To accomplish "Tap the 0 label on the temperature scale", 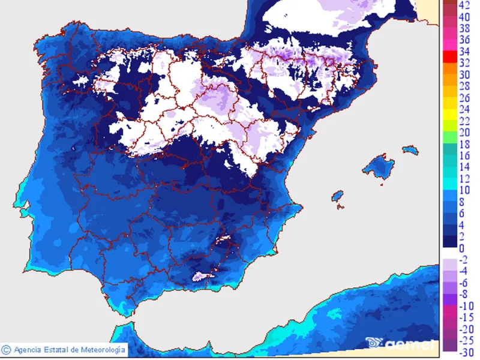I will [x=461, y=248].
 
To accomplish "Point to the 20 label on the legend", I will [x=465, y=133].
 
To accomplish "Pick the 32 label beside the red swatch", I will [x=465, y=63].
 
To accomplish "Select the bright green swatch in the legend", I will [x=449, y=127].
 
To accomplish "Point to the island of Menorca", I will [x=410, y=148].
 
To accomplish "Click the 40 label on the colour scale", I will [x=465, y=17].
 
